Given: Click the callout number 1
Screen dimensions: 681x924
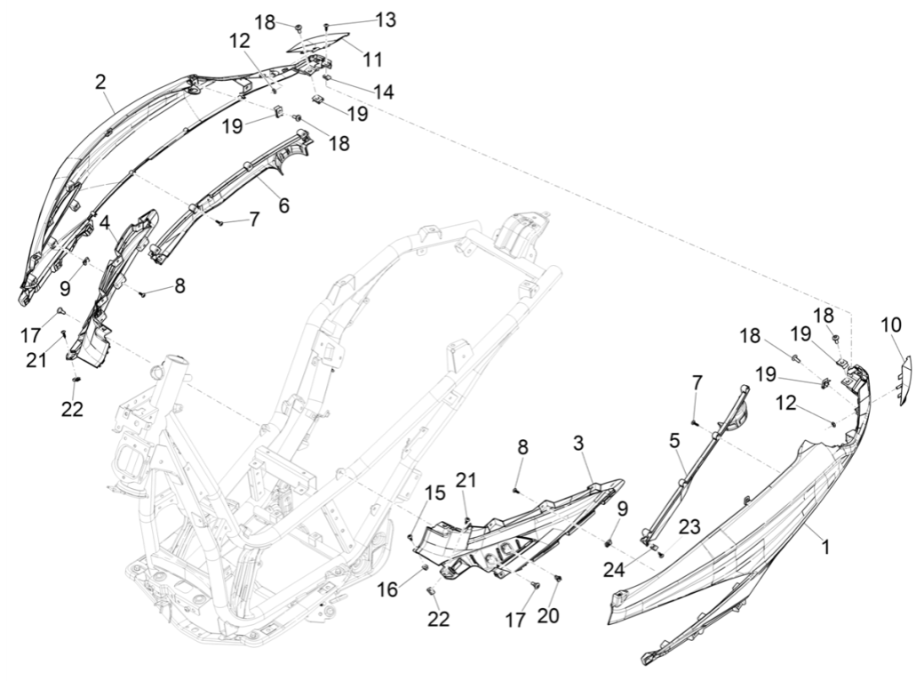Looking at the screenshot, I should tap(825, 549).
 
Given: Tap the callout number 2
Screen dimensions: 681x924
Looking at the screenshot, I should tap(101, 82).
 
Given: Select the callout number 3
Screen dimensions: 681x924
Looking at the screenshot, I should tap(578, 443).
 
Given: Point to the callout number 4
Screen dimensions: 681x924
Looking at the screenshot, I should tap(104, 223).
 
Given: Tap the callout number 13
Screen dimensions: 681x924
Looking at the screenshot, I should tap(386, 20).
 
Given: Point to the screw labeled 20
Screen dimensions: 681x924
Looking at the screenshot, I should tap(558, 579).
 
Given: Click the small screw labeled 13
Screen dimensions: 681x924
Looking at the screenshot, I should tap(327, 27).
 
